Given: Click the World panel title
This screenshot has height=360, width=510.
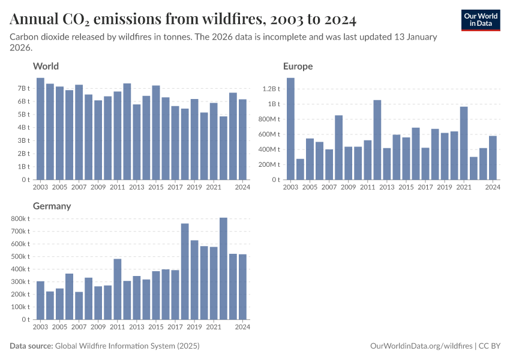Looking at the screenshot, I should (x=46, y=66).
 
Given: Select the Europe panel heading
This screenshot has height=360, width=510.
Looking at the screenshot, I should (x=298, y=66).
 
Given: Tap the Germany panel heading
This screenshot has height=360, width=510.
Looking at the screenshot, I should (x=52, y=206).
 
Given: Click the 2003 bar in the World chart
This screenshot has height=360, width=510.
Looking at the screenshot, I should (x=40, y=129).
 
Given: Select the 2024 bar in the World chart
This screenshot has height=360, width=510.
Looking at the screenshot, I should (x=242, y=139).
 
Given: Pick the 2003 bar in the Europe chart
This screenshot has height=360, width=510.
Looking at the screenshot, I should (x=290, y=129).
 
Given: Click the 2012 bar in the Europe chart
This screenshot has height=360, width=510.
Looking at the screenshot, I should (x=377, y=140).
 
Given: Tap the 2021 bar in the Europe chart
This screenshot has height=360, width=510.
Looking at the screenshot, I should (x=464, y=143).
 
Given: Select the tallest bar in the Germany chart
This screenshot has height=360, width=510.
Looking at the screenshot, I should (x=223, y=268).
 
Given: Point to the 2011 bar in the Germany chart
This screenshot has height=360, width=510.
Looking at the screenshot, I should (x=118, y=289).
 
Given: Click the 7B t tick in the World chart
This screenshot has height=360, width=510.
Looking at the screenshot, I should (x=23, y=88).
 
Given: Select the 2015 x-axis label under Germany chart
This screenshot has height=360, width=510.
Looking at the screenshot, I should (x=155, y=327).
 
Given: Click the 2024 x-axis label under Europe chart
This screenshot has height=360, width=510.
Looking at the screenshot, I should (x=493, y=187).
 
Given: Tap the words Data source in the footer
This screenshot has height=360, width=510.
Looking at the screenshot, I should (x=31, y=346).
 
